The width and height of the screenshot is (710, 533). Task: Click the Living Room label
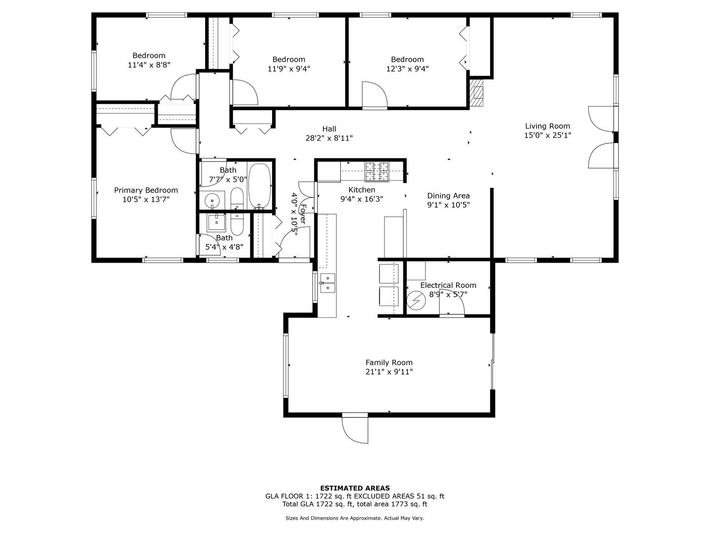pyautogui.click(x=547, y=126)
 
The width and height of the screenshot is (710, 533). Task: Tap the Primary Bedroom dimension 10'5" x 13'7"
pyautogui.click(x=146, y=199)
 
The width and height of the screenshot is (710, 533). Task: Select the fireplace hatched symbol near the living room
pyautogui.click(x=477, y=93)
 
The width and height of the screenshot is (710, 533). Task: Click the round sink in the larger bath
pyautogui.click(x=212, y=200)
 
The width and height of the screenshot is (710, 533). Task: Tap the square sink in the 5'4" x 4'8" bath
pyautogui.click(x=216, y=223)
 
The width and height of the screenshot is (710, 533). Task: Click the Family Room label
pyautogui.click(x=389, y=362)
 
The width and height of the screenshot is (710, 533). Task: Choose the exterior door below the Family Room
pyautogui.click(x=355, y=427)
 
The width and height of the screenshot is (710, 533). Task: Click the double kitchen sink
pyautogui.click(x=327, y=283)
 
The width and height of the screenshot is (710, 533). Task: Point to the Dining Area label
pyautogui.click(x=448, y=195)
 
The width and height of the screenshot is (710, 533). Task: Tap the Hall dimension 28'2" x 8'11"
pyautogui.click(x=329, y=138)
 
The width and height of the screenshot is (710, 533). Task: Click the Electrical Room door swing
pyautogui.click(x=452, y=306)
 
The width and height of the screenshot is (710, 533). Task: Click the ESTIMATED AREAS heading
pyautogui.click(x=355, y=488)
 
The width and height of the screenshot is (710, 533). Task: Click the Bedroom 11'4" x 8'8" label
pyautogui.click(x=149, y=55)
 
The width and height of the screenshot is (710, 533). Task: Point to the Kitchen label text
pyautogui.click(x=361, y=190)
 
